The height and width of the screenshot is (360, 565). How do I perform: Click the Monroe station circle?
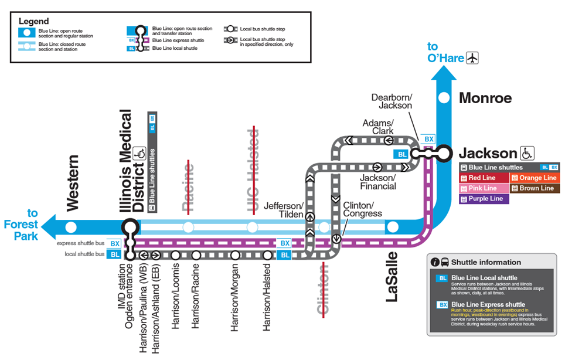[444, 98]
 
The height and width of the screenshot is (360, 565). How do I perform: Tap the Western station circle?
[72, 226]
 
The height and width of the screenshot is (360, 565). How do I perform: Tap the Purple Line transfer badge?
[484, 199]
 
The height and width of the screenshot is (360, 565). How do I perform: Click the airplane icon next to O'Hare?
[472, 58]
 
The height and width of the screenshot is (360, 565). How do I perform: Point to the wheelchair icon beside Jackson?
[527, 153]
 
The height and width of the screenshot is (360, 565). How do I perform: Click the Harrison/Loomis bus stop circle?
[175, 255]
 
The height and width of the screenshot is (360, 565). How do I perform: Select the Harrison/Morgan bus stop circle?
[235, 255]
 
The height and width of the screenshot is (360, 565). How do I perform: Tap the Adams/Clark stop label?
[379, 127]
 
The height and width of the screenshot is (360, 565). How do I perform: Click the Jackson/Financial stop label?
[377, 182]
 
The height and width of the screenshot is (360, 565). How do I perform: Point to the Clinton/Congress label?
[358, 209]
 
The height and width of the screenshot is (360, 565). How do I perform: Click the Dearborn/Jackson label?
[392, 101]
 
